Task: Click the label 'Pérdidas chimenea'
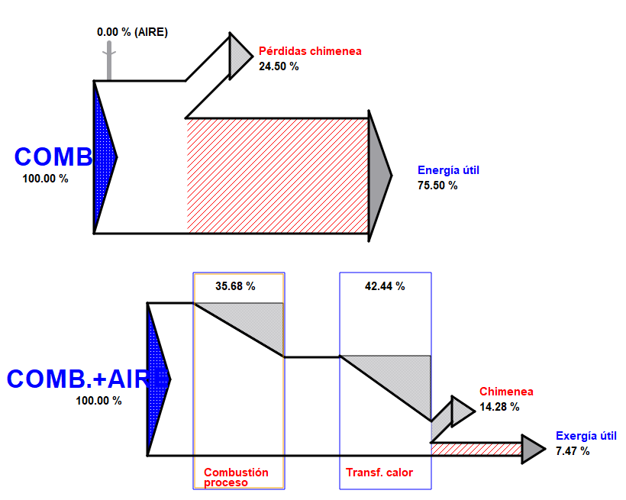tap(310, 51)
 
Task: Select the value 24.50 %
tap(279, 66)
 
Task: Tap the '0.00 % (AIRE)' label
tap(132, 32)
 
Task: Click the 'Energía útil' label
tap(448, 170)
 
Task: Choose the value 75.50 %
tap(437, 185)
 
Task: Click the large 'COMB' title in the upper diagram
tap(53, 156)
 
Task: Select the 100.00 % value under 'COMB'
tap(46, 179)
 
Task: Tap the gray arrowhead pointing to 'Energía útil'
tap(379, 176)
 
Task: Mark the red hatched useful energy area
tap(278, 176)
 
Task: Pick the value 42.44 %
tap(385, 286)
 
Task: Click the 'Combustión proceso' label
tap(236, 477)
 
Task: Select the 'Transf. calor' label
tap(379, 473)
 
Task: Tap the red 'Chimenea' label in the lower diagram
tap(506, 392)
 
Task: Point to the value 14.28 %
tap(499, 407)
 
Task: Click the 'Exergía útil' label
tap(586, 436)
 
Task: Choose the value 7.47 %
tap(573, 451)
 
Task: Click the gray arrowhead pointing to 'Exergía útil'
tap(533, 448)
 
